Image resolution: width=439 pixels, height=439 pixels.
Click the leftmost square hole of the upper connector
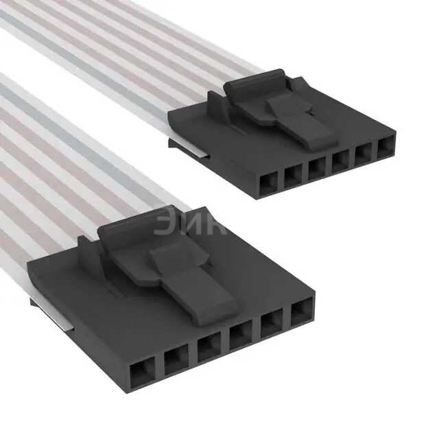tap(269, 184)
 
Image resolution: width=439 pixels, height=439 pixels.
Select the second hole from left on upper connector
tap(293, 176)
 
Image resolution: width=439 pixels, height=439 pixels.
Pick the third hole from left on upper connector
tap(317, 169)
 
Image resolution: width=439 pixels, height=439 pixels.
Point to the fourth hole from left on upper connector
tap(340, 161)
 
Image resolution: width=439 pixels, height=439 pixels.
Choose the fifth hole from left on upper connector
tap(364, 154)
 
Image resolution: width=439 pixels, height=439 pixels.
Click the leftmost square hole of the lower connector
tap(143, 372)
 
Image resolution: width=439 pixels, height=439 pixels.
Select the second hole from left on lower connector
tap(176, 359)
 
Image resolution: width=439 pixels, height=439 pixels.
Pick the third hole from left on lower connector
tap(209, 347)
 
